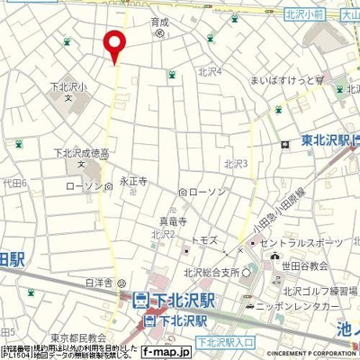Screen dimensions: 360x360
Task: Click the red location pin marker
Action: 114,45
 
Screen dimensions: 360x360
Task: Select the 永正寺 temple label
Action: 133,181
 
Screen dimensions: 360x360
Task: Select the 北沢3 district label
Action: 236,163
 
